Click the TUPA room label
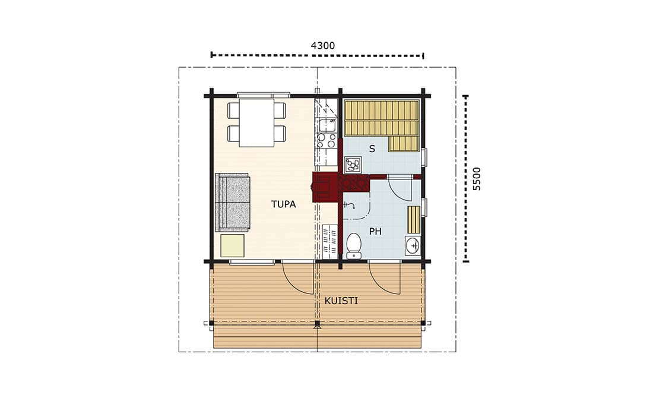pyautogui.click(x=283, y=204)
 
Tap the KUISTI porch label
pyautogui.click(x=341, y=301)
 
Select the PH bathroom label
pyautogui.click(x=375, y=231)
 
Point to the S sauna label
pyautogui.click(x=372, y=149)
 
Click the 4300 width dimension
pyautogui.click(x=323, y=45)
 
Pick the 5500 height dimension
pyautogui.click(x=477, y=179)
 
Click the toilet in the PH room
pyautogui.click(x=354, y=245)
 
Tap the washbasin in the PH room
pyautogui.click(x=413, y=245)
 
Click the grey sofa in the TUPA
pyautogui.click(x=232, y=202)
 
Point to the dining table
pyautogui.click(x=256, y=122)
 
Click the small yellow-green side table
pyautogui.click(x=232, y=245)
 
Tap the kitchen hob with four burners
pyautogui.click(x=326, y=140)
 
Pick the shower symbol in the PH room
pyautogui.click(x=349, y=205)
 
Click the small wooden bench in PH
pyautogui.click(x=414, y=220)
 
